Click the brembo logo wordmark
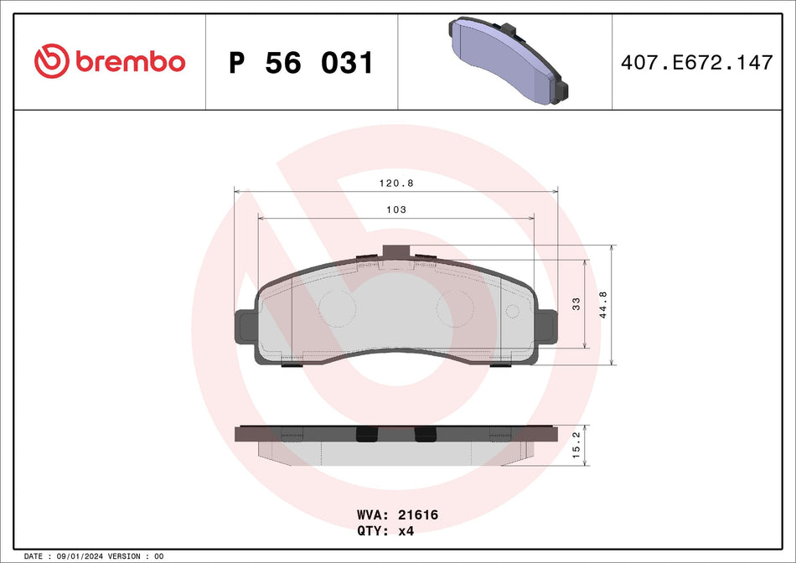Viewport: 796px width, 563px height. (x=130, y=62)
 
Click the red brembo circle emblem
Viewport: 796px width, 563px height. (x=52, y=61)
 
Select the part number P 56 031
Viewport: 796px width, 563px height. (x=301, y=63)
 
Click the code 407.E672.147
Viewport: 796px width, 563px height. (x=696, y=62)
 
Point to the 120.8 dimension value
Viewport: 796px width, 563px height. (x=396, y=183)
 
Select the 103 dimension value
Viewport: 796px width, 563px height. (x=396, y=209)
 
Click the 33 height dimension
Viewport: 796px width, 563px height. (x=576, y=304)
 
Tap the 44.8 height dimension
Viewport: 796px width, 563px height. (x=602, y=305)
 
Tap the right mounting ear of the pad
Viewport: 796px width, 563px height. (x=545, y=325)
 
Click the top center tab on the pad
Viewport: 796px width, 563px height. (x=395, y=251)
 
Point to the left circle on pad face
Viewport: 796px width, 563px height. (x=338, y=307)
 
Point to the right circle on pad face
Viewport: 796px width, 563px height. (x=456, y=307)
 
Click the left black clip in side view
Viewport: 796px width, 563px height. (x=366, y=433)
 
